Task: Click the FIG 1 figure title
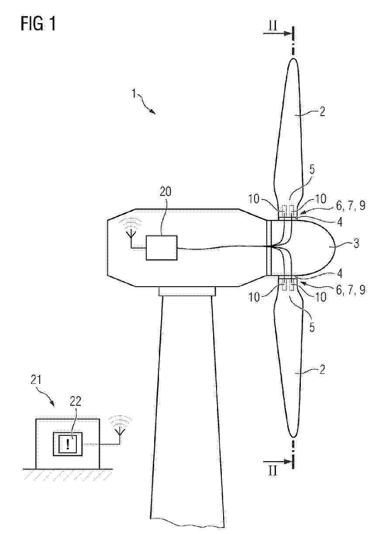(x=38, y=24)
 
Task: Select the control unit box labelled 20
(x=162, y=248)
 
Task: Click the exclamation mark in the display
(x=68, y=444)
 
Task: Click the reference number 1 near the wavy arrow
(x=134, y=94)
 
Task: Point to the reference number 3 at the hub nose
(x=355, y=243)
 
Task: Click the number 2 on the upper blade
(x=322, y=112)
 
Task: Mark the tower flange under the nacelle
(x=187, y=291)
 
